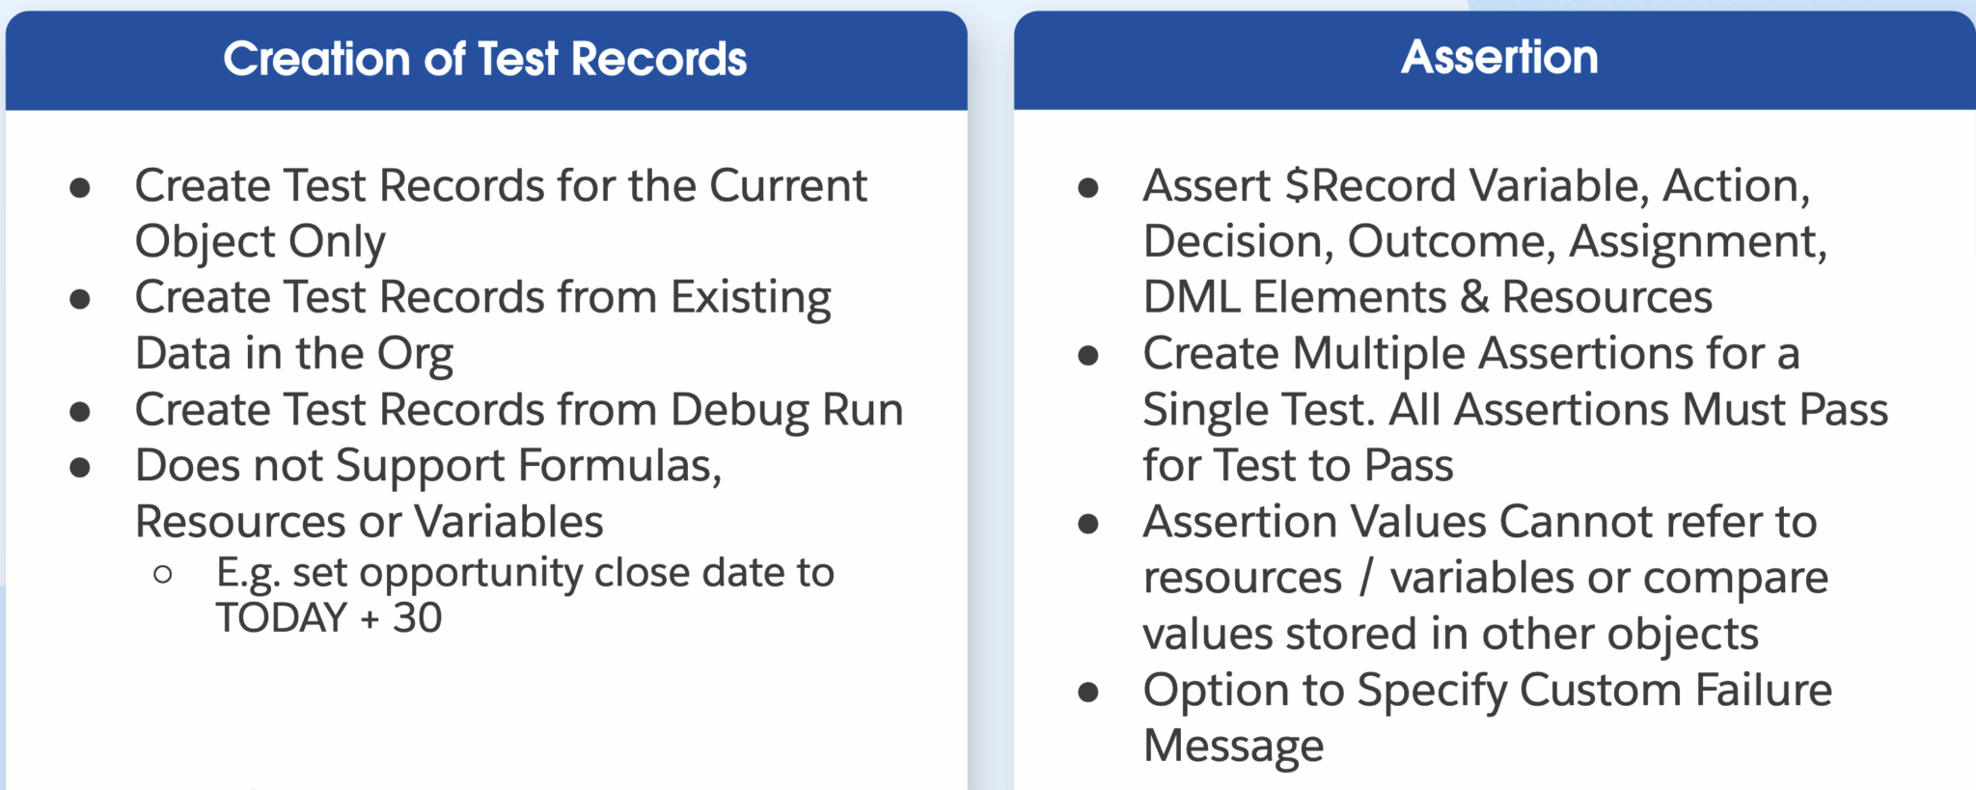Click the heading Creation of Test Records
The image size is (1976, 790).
(x=485, y=59)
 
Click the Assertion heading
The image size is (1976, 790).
(x=1499, y=57)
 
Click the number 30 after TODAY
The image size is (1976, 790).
(x=417, y=617)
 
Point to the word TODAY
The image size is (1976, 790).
(x=281, y=617)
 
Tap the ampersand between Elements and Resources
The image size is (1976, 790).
(x=1474, y=297)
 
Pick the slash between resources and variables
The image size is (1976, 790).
(x=1365, y=578)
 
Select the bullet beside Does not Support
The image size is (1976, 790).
(x=80, y=469)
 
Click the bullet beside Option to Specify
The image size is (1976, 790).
(x=1088, y=693)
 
